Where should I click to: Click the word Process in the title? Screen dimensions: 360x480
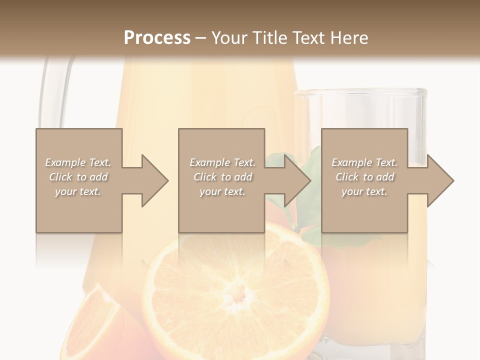coord(157,37)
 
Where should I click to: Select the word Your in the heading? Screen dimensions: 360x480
coord(230,37)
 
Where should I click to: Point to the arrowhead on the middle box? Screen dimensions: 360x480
coord(297,180)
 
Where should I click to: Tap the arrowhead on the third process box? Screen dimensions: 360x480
coord(440,180)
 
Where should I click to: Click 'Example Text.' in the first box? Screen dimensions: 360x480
coord(78,162)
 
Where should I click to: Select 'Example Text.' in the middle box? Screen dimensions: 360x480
coord(222,162)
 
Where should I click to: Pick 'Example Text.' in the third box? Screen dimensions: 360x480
coord(364,162)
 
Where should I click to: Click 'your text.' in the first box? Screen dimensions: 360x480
coord(78,191)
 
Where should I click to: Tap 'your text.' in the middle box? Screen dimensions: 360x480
coord(222,191)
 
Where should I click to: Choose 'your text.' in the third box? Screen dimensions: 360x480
coord(364,191)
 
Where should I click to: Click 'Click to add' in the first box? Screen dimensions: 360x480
coord(78,177)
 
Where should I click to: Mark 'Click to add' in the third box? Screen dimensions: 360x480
coord(364,177)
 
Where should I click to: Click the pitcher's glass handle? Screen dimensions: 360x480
coord(50,95)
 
